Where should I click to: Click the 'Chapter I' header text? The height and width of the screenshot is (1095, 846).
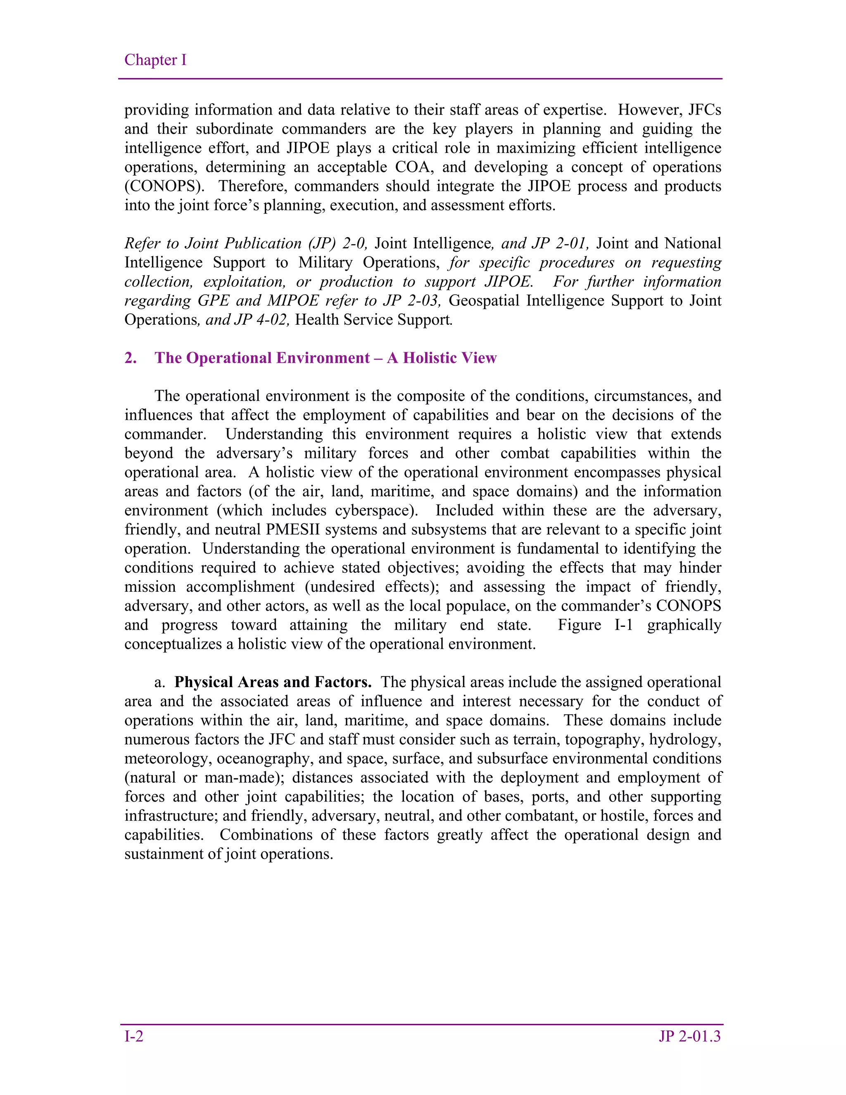click(155, 60)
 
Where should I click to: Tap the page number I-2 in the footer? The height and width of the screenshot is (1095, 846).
click(134, 1036)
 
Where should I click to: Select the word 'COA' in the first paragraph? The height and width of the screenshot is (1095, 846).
click(413, 167)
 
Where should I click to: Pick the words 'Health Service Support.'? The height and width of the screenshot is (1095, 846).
click(374, 320)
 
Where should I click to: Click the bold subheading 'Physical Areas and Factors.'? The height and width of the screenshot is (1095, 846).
click(273, 682)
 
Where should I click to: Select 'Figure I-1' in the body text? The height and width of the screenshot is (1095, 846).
click(596, 625)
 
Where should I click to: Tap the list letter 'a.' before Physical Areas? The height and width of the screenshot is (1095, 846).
click(160, 682)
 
